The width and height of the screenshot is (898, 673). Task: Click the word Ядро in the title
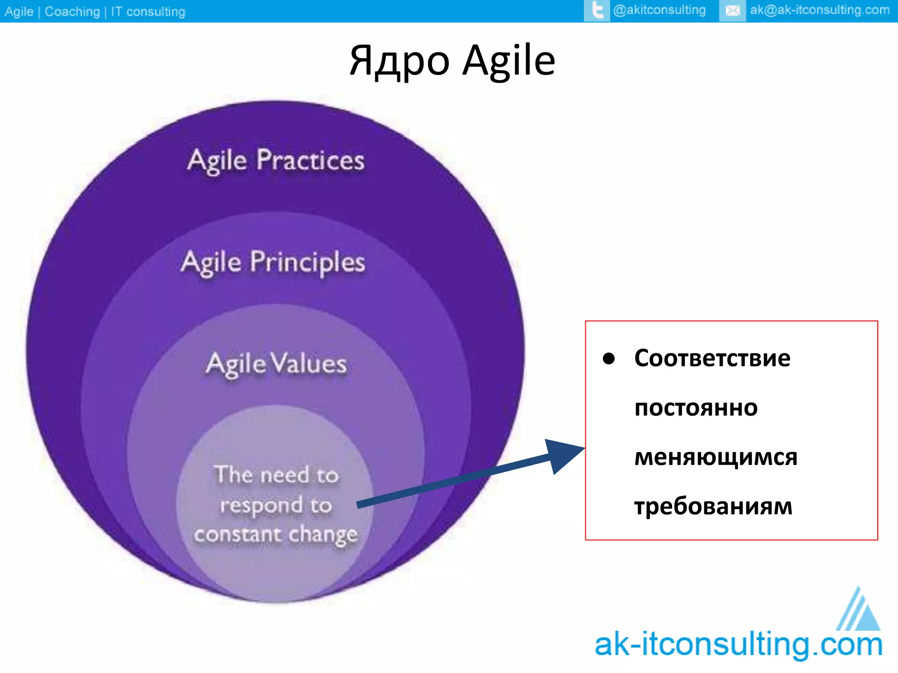[x=399, y=61]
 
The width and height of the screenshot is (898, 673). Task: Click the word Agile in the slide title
[x=509, y=61]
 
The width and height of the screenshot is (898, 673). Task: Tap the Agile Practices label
[x=276, y=160]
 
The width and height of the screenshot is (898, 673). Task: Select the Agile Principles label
[x=273, y=262]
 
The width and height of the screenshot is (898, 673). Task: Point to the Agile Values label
[x=276, y=364]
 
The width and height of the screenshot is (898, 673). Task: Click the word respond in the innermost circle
[x=261, y=506]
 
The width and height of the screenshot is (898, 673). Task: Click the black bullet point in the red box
[x=609, y=358]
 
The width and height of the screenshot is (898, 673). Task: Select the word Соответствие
[x=712, y=358]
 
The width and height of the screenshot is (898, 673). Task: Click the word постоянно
[x=696, y=408]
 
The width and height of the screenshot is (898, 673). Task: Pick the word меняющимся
[x=716, y=457]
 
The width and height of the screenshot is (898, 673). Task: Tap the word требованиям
[x=713, y=507]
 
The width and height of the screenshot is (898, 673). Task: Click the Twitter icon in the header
[x=597, y=11]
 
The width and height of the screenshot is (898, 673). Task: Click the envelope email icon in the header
[x=732, y=11]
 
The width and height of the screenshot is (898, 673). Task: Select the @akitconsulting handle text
[x=659, y=10]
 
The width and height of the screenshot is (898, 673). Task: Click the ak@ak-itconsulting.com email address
[x=820, y=10]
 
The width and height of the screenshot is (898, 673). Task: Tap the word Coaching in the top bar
[x=72, y=11]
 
